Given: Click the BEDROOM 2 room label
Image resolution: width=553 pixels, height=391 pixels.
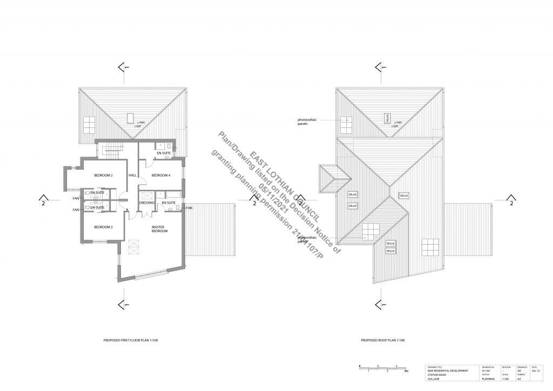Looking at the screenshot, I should (x=103, y=176).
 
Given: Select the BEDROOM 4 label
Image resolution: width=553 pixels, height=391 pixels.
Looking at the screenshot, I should (x=160, y=176).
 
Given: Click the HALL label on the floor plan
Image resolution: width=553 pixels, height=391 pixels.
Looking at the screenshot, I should (x=132, y=176).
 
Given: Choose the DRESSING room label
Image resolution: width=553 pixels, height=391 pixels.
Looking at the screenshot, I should (x=147, y=203).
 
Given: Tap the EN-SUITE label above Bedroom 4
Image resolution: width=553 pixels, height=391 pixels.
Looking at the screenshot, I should (x=164, y=154).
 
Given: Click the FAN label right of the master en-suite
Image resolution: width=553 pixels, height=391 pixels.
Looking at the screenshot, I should (x=190, y=207).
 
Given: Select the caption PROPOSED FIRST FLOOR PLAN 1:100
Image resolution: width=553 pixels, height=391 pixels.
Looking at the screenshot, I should (x=130, y=341).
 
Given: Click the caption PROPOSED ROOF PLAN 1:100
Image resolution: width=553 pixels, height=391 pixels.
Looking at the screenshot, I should (x=382, y=341).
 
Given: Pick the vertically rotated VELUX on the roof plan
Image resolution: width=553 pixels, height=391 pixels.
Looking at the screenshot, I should (x=387, y=117).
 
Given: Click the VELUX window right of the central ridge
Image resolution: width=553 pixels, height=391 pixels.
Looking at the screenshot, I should (x=404, y=195).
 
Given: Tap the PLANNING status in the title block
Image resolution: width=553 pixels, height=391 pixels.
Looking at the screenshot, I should (x=487, y=380).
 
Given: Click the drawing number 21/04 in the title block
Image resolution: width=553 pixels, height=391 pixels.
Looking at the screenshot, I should (x=485, y=371).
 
